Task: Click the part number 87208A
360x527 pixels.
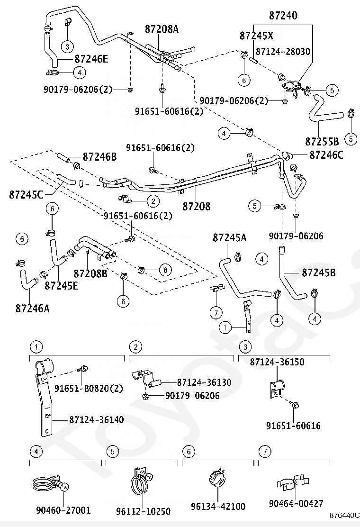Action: (x=162, y=29)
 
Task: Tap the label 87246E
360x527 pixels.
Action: (x=91, y=59)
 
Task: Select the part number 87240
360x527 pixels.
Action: (x=283, y=16)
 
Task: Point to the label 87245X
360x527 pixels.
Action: (x=256, y=36)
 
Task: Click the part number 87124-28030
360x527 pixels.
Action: (x=283, y=52)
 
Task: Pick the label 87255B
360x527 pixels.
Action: (x=322, y=142)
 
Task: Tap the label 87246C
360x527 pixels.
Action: (x=326, y=155)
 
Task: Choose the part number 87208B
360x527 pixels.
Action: (x=90, y=273)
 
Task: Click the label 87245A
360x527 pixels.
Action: (x=229, y=237)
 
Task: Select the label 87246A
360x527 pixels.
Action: (x=32, y=308)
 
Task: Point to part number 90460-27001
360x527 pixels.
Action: (x=63, y=510)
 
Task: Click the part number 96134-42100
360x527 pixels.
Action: (x=218, y=506)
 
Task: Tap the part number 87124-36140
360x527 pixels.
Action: (x=97, y=419)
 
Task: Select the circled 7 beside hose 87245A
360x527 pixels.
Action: (x=216, y=313)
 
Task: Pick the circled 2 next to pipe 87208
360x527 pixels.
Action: (x=153, y=201)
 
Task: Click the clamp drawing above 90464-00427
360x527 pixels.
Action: (x=293, y=483)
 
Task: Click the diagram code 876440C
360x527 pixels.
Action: (x=344, y=515)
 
